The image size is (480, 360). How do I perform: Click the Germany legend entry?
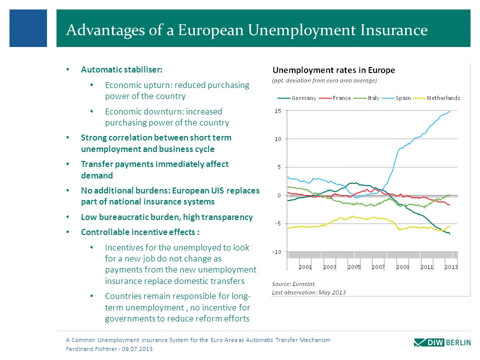pos(296,98)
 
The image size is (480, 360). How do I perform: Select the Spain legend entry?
pos(396,98)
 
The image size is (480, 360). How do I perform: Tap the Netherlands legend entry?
pos(436,98)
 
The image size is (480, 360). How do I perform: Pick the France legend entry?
pos(335,98)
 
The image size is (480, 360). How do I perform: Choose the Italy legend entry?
pos(366,98)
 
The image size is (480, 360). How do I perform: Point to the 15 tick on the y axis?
pos(277,111)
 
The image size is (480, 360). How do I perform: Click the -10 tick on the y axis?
pos(276,252)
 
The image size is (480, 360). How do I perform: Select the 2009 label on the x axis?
pos(402,267)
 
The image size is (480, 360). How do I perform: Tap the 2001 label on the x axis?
pos(305,267)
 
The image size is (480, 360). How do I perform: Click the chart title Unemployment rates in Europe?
pos(333,70)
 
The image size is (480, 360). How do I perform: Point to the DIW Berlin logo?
pos(442,342)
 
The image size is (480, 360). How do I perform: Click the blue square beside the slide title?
pos(28,28)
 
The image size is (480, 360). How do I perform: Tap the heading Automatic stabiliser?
pos(121,70)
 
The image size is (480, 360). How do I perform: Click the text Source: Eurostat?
pos(294,284)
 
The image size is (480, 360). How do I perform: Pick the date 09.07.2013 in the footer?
pos(137,349)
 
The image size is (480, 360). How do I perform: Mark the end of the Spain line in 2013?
pos(450,111)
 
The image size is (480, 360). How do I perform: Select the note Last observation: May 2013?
pos(309,292)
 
